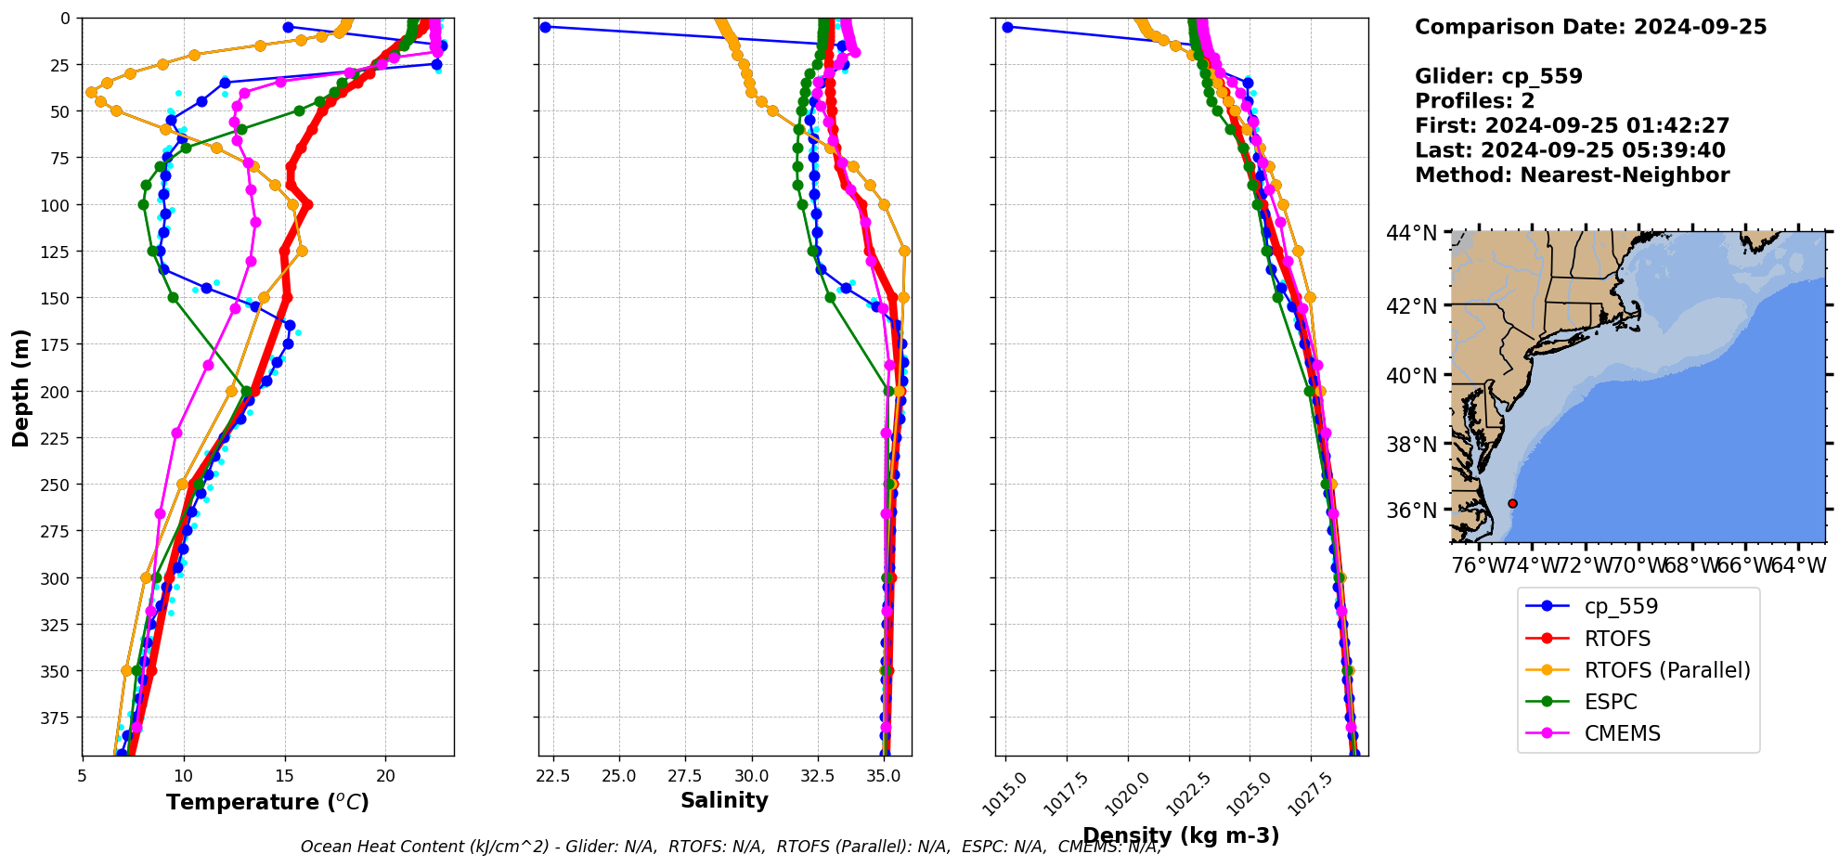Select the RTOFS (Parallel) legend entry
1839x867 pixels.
pyautogui.click(x=1666, y=670)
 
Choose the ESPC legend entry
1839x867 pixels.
pyautogui.click(x=1610, y=702)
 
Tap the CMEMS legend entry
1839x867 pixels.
pyautogui.click(x=1622, y=733)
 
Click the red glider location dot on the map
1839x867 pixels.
pyautogui.click(x=1512, y=503)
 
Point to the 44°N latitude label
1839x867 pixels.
pyautogui.click(x=1411, y=233)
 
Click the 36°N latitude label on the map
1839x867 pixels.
pyautogui.click(x=1411, y=511)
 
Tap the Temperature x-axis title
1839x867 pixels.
pyautogui.click(x=267, y=802)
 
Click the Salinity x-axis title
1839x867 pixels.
pyautogui.click(x=724, y=800)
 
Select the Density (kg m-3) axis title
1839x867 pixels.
pyautogui.click(x=1181, y=835)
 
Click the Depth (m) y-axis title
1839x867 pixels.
pyautogui.click(x=20, y=387)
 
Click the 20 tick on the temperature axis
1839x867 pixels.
pyautogui.click(x=385, y=776)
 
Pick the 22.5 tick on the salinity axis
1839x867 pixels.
pyautogui.click(x=552, y=776)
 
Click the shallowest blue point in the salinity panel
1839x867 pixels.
pyautogui.click(x=545, y=27)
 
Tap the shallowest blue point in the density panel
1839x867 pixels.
pyautogui.click(x=1007, y=27)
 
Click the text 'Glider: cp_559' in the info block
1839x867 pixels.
pyautogui.click(x=1498, y=76)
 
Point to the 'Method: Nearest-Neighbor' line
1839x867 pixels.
pyautogui.click(x=1572, y=175)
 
